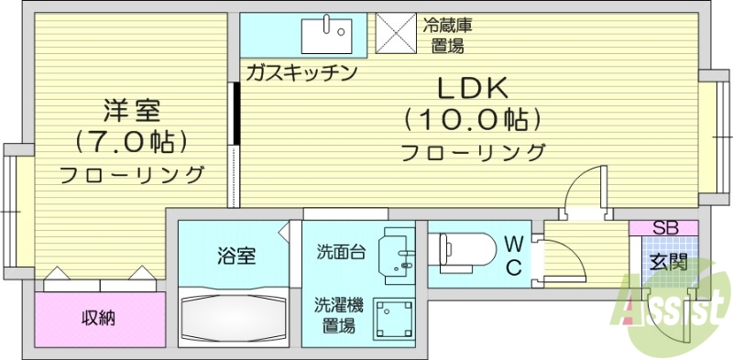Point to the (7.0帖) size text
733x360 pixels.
pos(131,142)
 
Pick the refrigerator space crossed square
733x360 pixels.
pos(396,36)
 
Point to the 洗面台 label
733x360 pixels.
pos(341,251)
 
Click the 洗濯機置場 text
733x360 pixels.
pos(339,314)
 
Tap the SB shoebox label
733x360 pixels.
pos(664,228)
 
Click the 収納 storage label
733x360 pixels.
pos(99,318)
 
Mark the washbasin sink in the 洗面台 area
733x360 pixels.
pos(399,252)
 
